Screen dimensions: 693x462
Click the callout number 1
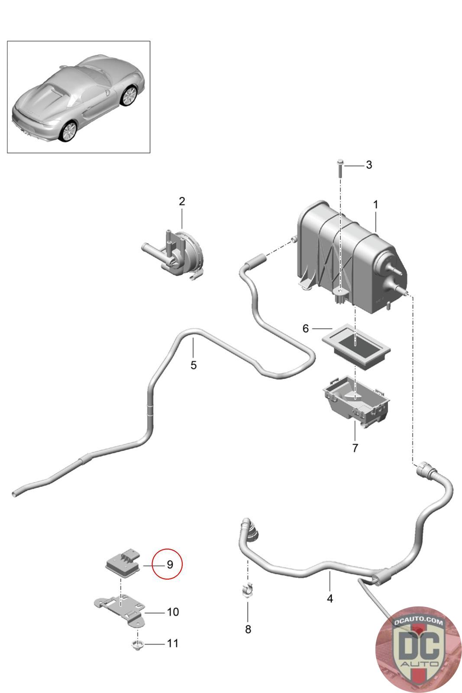(x=375, y=204)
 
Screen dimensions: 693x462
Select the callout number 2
(x=182, y=201)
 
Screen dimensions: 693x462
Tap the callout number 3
(x=368, y=165)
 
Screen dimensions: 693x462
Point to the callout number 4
(x=330, y=599)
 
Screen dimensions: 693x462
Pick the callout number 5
(x=194, y=365)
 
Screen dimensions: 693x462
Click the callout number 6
(x=306, y=329)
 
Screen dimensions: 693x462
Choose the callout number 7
(x=355, y=448)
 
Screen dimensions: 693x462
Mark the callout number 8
(x=248, y=629)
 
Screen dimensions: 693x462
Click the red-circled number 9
(x=170, y=564)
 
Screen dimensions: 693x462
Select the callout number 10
(x=173, y=612)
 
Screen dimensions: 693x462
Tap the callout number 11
(x=173, y=644)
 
